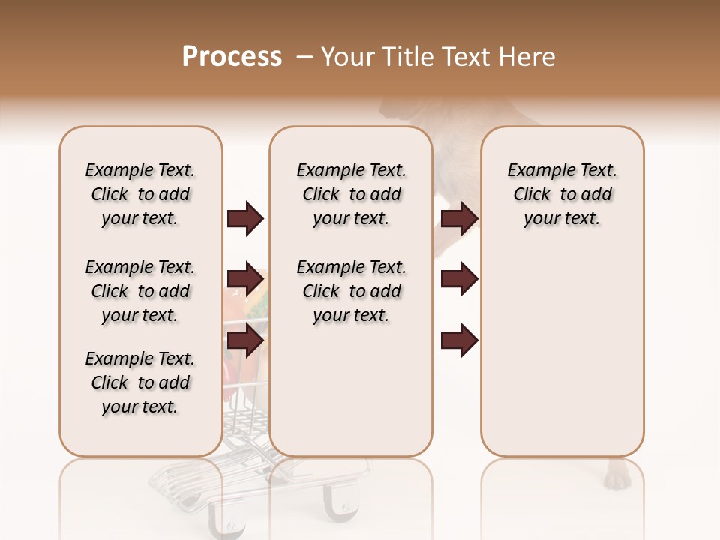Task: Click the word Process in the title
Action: pyautogui.click(x=232, y=57)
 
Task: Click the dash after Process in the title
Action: pyautogui.click(x=304, y=57)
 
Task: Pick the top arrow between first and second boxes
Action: pyautogui.click(x=245, y=219)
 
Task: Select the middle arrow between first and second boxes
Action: pyautogui.click(x=245, y=279)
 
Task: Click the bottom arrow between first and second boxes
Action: pyautogui.click(x=245, y=340)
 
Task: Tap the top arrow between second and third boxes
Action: pyautogui.click(x=459, y=219)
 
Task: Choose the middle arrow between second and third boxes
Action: pyautogui.click(x=459, y=279)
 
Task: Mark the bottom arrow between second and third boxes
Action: pyautogui.click(x=459, y=340)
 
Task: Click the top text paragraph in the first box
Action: pyautogui.click(x=140, y=194)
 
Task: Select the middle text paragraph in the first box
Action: pyautogui.click(x=140, y=291)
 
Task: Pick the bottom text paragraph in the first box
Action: pyautogui.click(x=140, y=382)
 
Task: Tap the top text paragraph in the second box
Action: pyautogui.click(x=351, y=194)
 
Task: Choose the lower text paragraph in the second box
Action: pyautogui.click(x=351, y=291)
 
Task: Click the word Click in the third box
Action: pyautogui.click(x=532, y=194)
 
